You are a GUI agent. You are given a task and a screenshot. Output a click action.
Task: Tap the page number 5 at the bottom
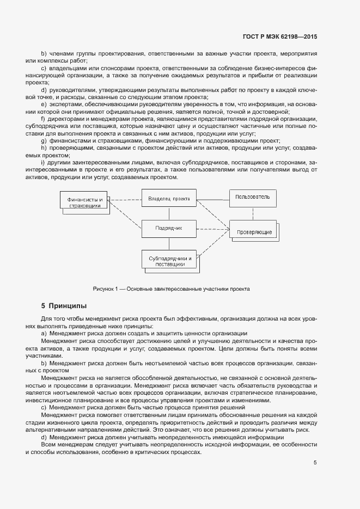point(315,463)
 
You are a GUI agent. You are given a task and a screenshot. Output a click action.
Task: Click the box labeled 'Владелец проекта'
point(169,199)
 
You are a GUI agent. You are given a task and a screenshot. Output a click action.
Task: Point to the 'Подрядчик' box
point(169,229)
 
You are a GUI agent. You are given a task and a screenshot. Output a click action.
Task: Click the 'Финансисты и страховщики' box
point(84,203)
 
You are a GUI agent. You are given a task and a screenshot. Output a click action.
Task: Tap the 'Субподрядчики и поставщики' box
point(169,260)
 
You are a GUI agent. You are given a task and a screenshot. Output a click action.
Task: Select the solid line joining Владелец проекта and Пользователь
point(213,198)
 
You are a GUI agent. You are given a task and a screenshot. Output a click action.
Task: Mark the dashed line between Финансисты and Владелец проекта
point(125,199)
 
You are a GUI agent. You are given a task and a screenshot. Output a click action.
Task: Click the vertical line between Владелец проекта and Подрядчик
point(169,213)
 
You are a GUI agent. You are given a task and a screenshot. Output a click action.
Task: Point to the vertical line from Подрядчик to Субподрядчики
point(169,244)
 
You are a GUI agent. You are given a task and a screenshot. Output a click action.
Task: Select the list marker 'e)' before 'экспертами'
point(44,103)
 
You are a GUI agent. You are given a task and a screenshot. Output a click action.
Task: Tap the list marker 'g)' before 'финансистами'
point(44,140)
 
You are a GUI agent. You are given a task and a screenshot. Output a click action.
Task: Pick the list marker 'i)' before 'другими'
point(43,163)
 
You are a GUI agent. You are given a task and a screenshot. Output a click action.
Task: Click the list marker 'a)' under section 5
point(44,333)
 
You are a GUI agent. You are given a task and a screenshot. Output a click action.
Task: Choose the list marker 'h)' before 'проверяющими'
point(44,148)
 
